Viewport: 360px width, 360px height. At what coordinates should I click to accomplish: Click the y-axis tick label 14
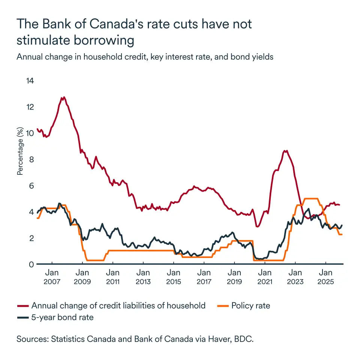(x=30, y=81)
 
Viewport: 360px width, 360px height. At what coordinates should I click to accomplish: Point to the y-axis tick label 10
(x=30, y=133)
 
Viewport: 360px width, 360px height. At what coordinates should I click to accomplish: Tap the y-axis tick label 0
(x=31, y=264)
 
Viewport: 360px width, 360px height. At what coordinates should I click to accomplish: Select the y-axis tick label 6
(x=31, y=186)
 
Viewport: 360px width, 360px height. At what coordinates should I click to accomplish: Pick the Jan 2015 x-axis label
(x=173, y=277)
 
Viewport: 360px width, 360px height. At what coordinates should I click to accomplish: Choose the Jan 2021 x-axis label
(x=265, y=277)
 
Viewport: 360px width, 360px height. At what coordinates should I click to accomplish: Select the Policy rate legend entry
(x=250, y=306)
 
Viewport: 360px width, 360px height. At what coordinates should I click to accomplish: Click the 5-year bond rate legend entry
(x=63, y=318)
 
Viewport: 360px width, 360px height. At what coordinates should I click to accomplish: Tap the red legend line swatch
(x=23, y=306)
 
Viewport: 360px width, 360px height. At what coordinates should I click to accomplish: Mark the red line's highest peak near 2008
(x=64, y=97)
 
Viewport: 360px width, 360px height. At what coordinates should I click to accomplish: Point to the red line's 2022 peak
(x=286, y=151)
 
